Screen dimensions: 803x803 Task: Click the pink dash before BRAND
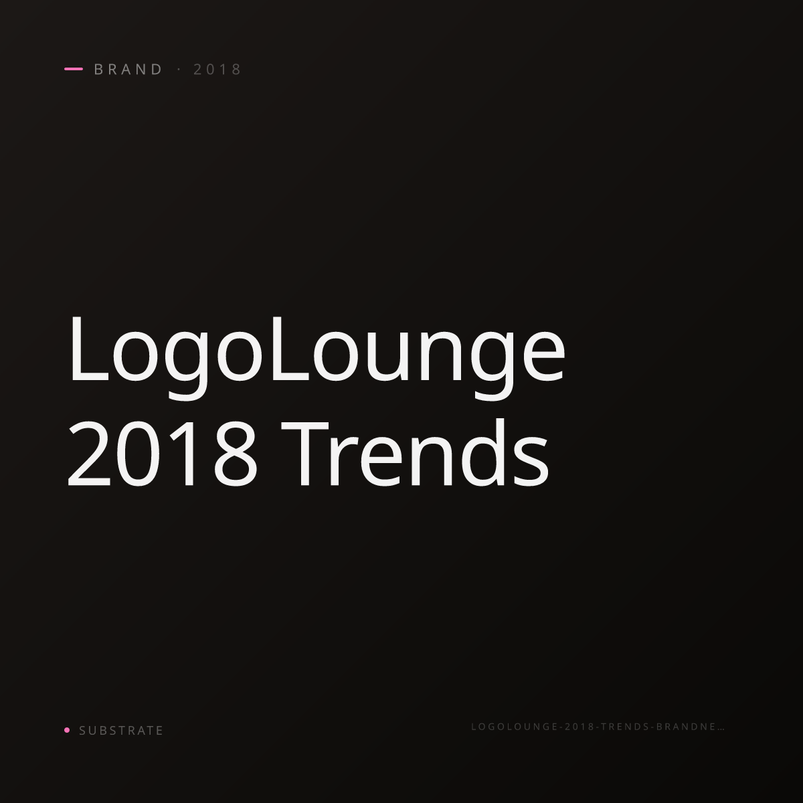pos(74,69)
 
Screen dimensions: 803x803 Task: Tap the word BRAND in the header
pos(128,69)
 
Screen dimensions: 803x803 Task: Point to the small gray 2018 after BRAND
pos(217,69)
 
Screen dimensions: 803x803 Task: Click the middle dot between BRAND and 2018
pos(179,69)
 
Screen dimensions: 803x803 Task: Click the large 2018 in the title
pos(162,454)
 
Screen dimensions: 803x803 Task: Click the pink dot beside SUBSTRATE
pos(67,729)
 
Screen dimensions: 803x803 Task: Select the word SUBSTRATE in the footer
pos(121,731)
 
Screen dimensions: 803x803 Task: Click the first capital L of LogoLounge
pos(89,349)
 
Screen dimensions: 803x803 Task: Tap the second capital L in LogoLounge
pos(290,349)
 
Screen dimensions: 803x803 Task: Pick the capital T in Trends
pos(305,454)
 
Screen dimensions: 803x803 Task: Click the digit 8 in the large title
pos(236,454)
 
